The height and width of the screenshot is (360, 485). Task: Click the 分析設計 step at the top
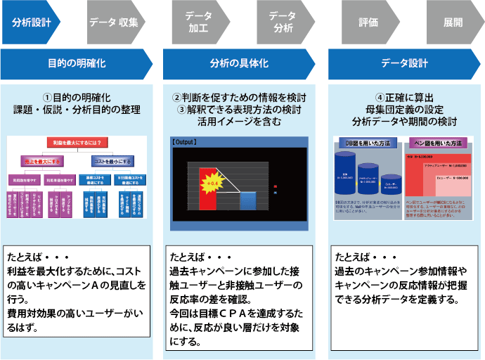tap(32, 22)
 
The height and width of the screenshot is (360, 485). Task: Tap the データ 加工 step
tap(198, 22)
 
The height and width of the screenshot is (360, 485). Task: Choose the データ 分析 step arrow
tap(283, 22)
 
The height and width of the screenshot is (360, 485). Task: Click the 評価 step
tap(368, 22)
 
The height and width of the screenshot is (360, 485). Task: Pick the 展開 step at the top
tap(453, 22)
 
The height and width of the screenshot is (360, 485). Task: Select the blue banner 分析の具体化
tap(239, 63)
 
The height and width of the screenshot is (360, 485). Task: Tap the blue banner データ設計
tap(404, 63)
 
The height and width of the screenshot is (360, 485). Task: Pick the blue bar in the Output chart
tap(247, 199)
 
